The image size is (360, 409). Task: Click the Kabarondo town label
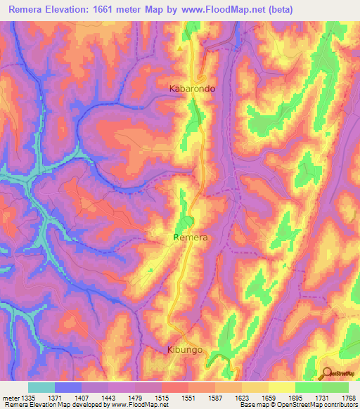[192, 89]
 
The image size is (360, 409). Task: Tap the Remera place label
[191, 238]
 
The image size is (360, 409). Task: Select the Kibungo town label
[186, 349]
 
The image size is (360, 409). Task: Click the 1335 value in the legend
[28, 397]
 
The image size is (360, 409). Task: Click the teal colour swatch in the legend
[41, 387]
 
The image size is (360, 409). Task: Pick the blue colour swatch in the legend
[68, 387]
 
